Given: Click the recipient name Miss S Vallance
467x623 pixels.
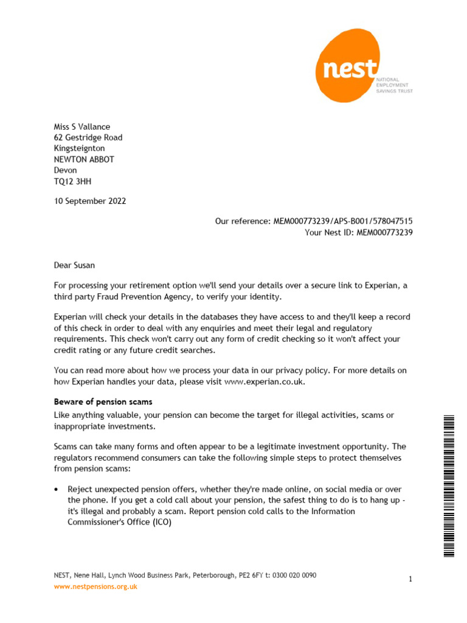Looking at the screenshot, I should (82, 127).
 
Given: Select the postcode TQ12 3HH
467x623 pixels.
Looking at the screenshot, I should (73, 181).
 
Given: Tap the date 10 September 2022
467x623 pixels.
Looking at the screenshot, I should (90, 201).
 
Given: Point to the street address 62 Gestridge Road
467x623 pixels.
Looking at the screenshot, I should (88, 137).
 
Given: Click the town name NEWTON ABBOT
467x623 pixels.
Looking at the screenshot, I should (84, 159).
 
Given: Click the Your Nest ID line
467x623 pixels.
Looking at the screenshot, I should (359, 232).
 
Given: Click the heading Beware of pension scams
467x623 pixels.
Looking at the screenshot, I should (103, 402).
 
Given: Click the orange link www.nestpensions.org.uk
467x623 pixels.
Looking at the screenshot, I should (95, 586).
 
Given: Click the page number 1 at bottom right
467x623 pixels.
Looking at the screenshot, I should (410, 580).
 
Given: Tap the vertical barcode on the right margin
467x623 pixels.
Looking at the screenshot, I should (449, 485).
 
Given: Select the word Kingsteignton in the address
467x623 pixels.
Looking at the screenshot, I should (79, 148).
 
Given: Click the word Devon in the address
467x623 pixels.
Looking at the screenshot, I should (66, 170).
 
